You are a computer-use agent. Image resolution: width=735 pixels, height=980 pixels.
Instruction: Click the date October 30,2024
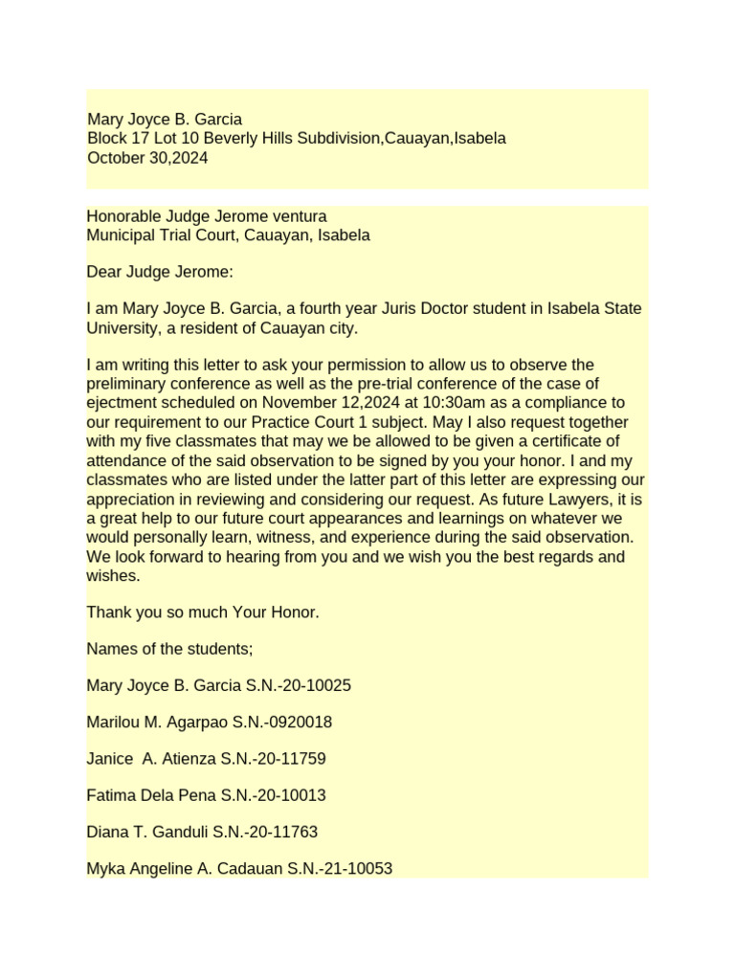[x=147, y=158]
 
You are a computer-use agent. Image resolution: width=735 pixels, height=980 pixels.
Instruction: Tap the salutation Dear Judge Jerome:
[x=160, y=272]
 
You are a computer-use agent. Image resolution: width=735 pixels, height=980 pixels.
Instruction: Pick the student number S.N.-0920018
[x=283, y=722]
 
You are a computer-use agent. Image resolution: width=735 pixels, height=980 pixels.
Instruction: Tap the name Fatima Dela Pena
[x=151, y=795]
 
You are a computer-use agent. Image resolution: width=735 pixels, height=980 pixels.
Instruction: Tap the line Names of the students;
[x=169, y=648]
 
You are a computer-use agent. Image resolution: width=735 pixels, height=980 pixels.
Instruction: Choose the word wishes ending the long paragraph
[x=113, y=575]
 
